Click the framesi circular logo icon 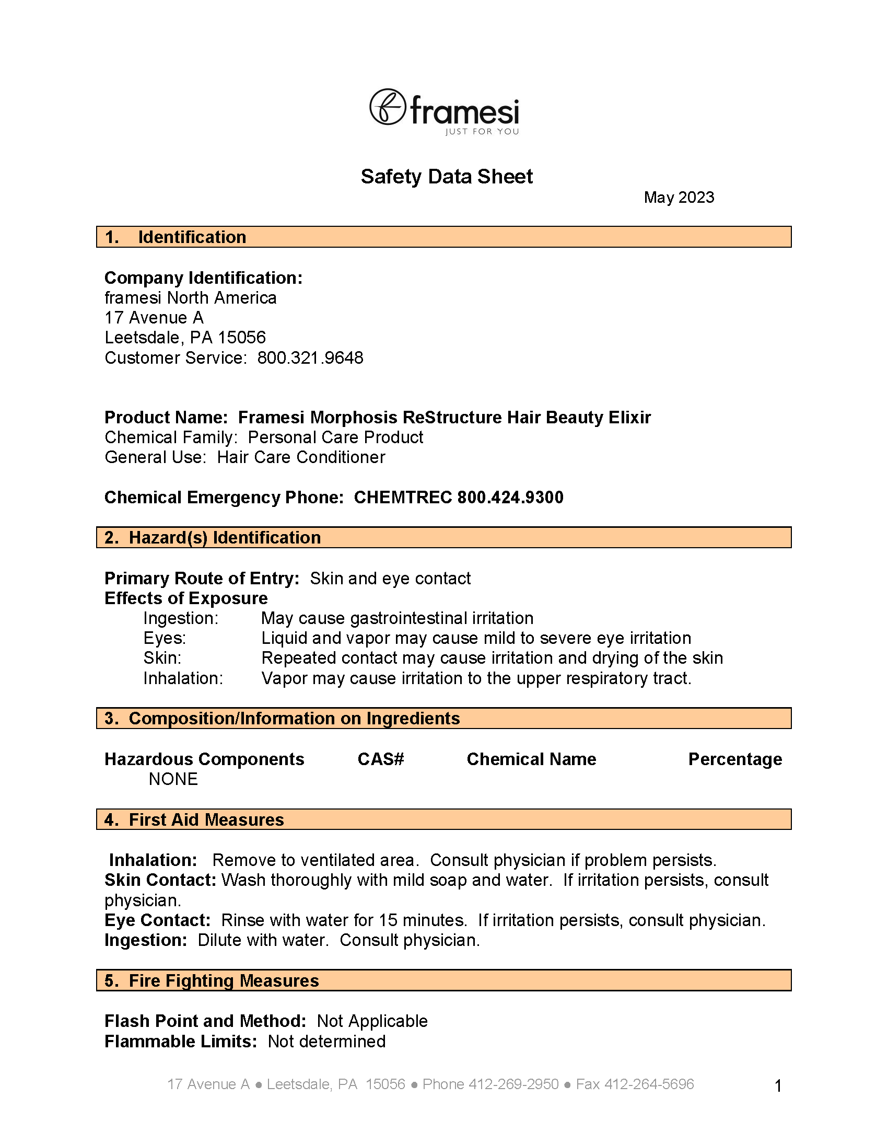pyautogui.click(x=388, y=107)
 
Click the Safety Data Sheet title pyautogui.click(x=446, y=177)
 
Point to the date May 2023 pyautogui.click(x=679, y=198)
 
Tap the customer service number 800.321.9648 pyautogui.click(x=310, y=358)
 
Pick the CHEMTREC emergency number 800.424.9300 pyautogui.click(x=510, y=497)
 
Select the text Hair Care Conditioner pyautogui.click(x=301, y=457)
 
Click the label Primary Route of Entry pyautogui.click(x=202, y=579)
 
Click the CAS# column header pyautogui.click(x=381, y=759)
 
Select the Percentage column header pyautogui.click(x=734, y=759)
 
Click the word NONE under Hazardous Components pyautogui.click(x=173, y=779)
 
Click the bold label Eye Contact pyautogui.click(x=157, y=920)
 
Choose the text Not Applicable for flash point pyautogui.click(x=372, y=1021)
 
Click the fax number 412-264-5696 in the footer pyautogui.click(x=649, y=1084)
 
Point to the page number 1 pyautogui.click(x=778, y=1086)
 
